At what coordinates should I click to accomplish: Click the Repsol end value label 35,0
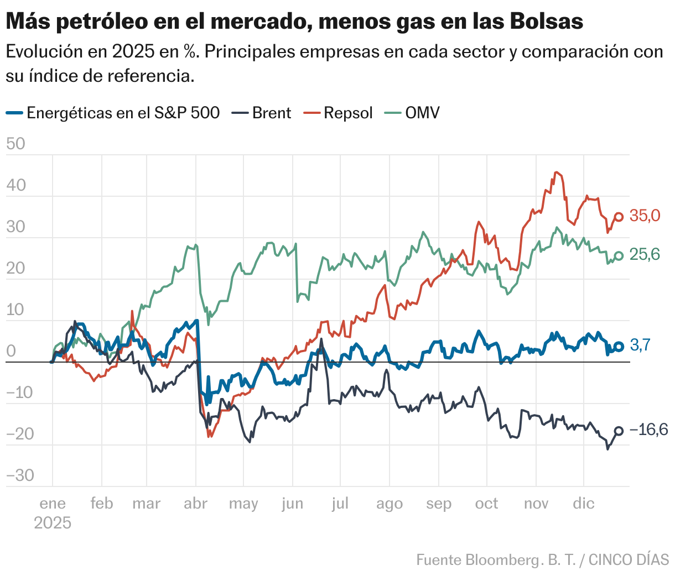coord(645,216)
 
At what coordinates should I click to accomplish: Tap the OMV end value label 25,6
coord(645,254)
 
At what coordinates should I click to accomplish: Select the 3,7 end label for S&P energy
coord(641,345)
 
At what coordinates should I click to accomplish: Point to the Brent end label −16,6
coord(648,430)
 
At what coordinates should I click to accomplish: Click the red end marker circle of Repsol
coord(619,217)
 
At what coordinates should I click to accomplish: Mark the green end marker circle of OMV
coord(619,255)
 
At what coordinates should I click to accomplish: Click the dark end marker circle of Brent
coord(619,431)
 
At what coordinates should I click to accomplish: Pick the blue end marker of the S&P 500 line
coord(619,347)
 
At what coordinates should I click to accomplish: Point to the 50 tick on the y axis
coord(16,144)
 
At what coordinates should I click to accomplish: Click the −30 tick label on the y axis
coord(20,475)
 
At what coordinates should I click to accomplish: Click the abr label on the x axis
coord(195,504)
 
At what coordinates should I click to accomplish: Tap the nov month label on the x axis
coord(536,504)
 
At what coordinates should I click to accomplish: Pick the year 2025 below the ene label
coord(53,523)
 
